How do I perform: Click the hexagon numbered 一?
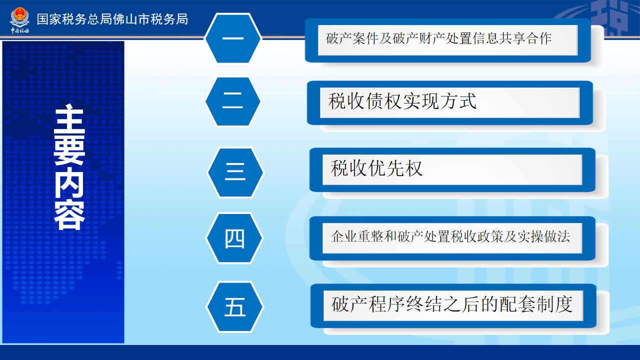tap(233, 38)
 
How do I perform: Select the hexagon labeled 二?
tap(233, 101)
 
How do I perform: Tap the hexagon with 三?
tap(235, 172)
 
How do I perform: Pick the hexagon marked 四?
tap(234, 238)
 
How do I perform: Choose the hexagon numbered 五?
tap(235, 307)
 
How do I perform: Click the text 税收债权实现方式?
tap(402, 101)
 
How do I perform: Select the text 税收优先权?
tap(376, 168)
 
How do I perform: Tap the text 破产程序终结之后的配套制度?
tap(452, 304)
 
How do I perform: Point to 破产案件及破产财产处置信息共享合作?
tap(438, 38)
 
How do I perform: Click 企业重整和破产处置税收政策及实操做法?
tap(450, 236)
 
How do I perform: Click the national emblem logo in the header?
tap(19, 17)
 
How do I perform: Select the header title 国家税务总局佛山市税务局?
tap(112, 19)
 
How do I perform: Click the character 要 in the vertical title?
tap(69, 150)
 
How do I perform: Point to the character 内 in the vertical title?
tap(69, 183)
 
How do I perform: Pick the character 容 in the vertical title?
tap(69, 215)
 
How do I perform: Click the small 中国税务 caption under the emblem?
tap(19, 30)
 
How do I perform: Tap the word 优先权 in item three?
tap(395, 168)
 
